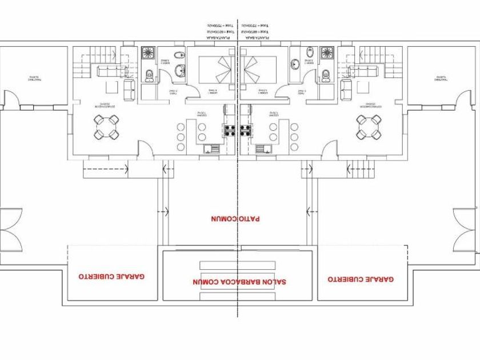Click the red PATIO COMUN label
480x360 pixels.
[x=235, y=218]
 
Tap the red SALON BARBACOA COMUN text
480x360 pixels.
[x=240, y=282]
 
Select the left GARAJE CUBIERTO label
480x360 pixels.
[x=112, y=276]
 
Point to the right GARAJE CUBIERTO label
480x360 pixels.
[x=361, y=279]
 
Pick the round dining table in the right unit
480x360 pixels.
[x=370, y=127]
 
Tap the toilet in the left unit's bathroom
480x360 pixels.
[x=150, y=74]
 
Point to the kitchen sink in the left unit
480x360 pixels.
[x=213, y=150]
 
